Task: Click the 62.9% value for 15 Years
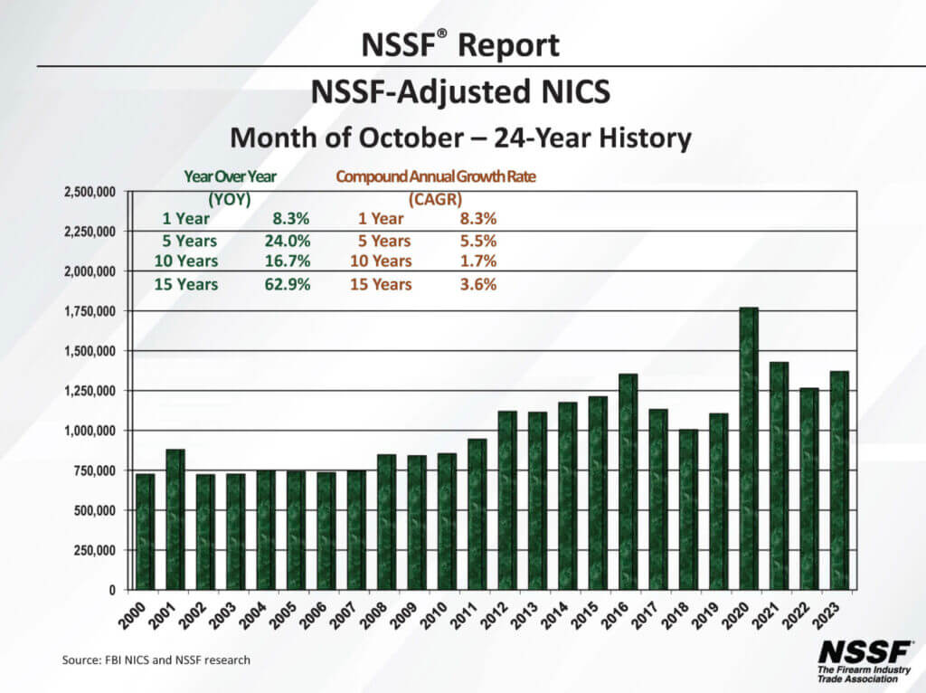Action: coord(291,284)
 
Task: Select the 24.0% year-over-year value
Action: coord(291,241)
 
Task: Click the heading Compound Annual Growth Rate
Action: coord(435,177)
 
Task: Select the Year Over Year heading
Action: coord(230,177)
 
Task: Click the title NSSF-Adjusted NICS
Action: coord(461,91)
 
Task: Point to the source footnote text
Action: coord(156,660)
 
